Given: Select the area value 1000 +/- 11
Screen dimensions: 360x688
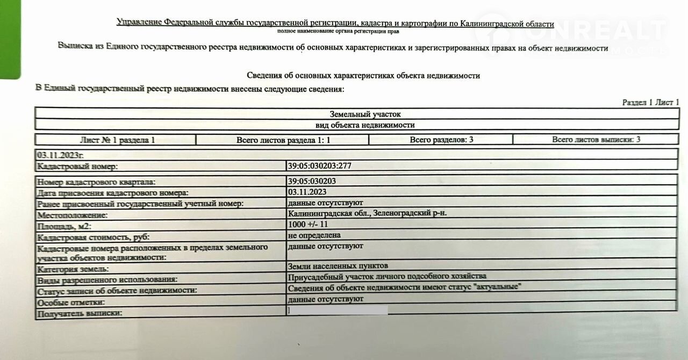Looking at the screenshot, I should [308, 225].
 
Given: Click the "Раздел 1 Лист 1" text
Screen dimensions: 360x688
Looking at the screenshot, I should [650, 102].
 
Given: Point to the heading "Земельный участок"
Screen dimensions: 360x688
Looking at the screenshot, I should [365, 114].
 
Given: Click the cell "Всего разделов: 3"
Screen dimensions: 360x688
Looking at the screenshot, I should [441, 140].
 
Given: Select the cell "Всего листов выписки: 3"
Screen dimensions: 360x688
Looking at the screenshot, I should [596, 140].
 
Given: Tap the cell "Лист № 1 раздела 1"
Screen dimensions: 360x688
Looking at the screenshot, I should [117, 140].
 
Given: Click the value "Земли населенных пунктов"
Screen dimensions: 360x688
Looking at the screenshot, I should [338, 266].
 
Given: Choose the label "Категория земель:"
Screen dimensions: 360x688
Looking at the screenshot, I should [73, 269].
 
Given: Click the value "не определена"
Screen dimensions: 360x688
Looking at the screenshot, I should [314, 235].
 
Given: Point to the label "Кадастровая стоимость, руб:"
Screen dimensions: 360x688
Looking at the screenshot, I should [92, 237].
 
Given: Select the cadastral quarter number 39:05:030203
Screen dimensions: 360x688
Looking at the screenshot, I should [312, 181].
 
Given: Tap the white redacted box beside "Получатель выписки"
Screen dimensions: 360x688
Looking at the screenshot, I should [338, 310].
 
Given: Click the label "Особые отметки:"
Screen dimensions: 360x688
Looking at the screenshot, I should [70, 302].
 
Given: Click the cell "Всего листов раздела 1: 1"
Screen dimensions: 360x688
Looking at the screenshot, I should [283, 140].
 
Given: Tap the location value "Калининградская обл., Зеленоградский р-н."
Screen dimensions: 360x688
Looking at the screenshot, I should [367, 213].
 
